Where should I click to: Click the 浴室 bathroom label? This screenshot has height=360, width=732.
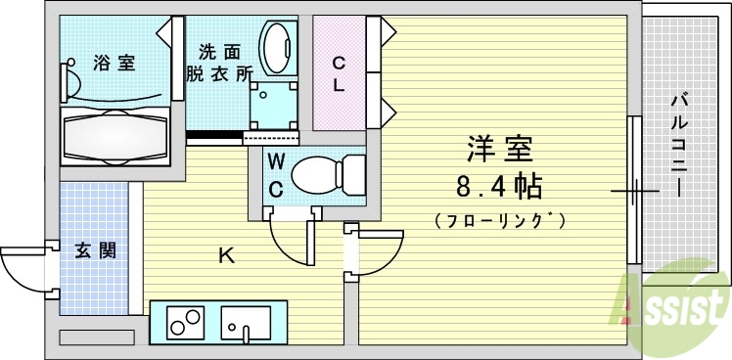pos(114,65)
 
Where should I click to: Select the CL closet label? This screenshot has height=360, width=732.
pos(339,74)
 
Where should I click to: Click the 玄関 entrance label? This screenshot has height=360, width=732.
pos(96,249)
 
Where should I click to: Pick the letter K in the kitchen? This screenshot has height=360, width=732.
pos(226,257)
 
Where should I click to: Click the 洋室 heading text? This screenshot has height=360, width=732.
pos(499,149)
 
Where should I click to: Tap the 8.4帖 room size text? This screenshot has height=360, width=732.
pos(499,185)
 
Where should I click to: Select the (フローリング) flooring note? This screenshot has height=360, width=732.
pos(499,220)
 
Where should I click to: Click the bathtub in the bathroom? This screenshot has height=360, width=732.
pos(116,138)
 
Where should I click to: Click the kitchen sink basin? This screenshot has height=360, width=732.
pos(246,321)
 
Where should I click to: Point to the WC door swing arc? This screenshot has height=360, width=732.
pos(290,242)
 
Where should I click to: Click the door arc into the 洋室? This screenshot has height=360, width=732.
pos(381,253)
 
